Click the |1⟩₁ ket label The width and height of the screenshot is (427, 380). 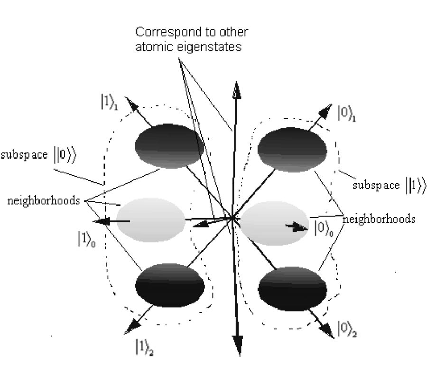pos(108,103)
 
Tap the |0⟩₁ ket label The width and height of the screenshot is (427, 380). pos(346,114)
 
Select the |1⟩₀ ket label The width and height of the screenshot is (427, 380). pos(87,239)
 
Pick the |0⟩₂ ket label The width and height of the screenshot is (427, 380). pos(346,329)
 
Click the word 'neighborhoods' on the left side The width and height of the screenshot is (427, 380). pos(43,200)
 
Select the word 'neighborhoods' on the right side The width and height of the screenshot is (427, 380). pos(379,219)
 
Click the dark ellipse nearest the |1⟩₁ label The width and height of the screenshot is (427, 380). pos(169,146)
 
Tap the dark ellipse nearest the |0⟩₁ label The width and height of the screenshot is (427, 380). pos(292,149)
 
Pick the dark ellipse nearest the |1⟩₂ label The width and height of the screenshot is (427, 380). pos(170,285)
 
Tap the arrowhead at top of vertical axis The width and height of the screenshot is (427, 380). pos(235,90)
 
